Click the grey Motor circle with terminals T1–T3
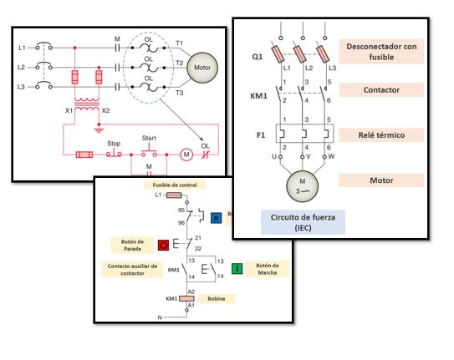click(x=201, y=67)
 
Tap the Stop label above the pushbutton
click(x=114, y=143)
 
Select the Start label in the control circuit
click(x=150, y=138)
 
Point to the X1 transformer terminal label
click(x=68, y=110)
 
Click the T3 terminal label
click(x=178, y=93)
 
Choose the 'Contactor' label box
click(x=381, y=89)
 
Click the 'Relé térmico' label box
click(x=381, y=134)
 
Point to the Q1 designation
click(x=258, y=58)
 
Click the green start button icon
click(x=237, y=268)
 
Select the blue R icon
click(x=215, y=218)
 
